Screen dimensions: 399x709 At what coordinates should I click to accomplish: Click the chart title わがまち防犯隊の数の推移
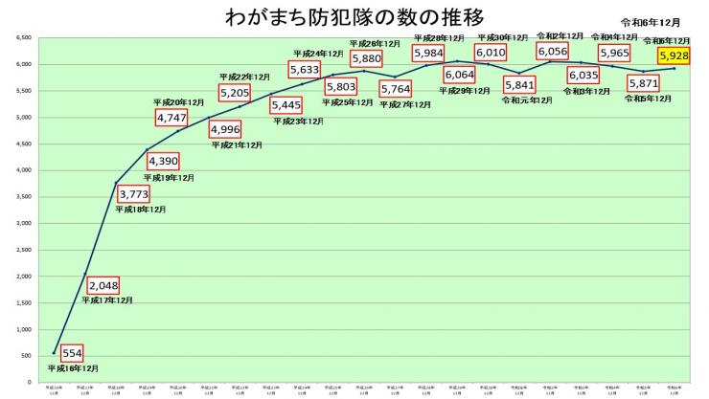coord(354,16)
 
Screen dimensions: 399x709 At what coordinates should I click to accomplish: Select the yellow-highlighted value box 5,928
coord(674,56)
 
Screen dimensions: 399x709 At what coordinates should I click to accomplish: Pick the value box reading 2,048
coord(103,285)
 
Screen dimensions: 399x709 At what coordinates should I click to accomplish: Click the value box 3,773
coord(133,194)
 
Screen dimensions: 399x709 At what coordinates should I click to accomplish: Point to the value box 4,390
coord(164,162)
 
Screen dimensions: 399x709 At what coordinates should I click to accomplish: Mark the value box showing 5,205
coord(235,92)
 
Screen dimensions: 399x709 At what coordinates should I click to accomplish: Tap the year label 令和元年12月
coord(526,99)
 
